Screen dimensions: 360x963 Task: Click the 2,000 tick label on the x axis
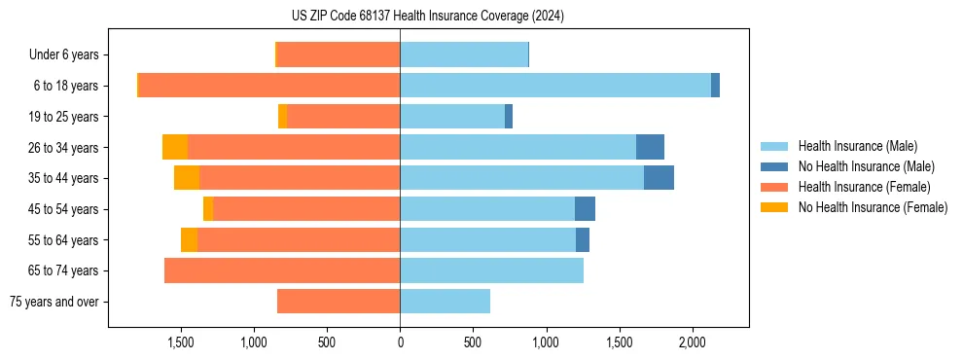[x=692, y=342]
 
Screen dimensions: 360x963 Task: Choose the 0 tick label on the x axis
[x=400, y=342]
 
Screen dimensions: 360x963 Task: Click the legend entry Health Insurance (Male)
[x=856, y=146]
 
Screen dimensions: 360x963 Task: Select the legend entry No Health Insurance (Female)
[x=873, y=207]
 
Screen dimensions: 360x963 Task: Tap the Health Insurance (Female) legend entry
[x=864, y=187]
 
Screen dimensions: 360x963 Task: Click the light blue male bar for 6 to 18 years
[x=554, y=86]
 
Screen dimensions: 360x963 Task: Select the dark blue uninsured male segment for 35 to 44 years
[x=659, y=178]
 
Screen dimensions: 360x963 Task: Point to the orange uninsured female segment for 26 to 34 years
[x=175, y=147]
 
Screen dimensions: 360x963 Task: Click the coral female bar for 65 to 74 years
[x=282, y=270]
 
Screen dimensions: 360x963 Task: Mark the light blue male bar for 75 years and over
[x=445, y=302]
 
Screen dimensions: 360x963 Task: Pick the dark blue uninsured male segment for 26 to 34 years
[x=650, y=147]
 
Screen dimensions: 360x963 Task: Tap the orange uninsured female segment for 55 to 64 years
[x=189, y=240]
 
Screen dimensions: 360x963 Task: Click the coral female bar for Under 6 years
[x=339, y=55]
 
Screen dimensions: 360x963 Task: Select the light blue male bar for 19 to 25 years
[x=452, y=117]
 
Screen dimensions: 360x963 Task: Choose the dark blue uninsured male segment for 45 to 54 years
[x=585, y=209]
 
